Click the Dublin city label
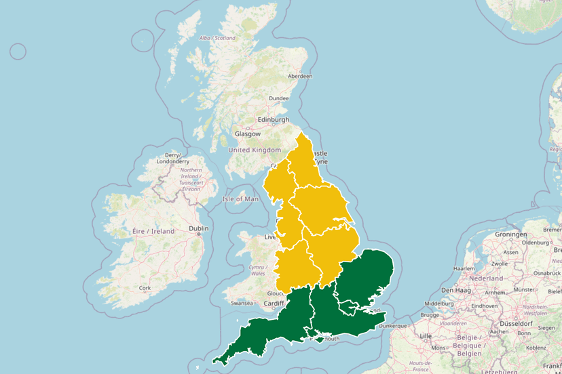click(x=199, y=228)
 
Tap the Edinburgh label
click(x=272, y=120)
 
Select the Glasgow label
click(x=247, y=134)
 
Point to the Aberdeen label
click(x=300, y=76)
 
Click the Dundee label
click(x=279, y=98)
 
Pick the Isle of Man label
click(x=241, y=199)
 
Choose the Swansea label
click(x=241, y=303)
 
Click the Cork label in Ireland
click(x=145, y=287)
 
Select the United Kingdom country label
click(x=255, y=150)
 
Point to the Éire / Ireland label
click(x=153, y=231)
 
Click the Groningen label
click(x=511, y=234)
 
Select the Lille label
click(x=426, y=335)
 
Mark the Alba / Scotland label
click(x=217, y=38)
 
